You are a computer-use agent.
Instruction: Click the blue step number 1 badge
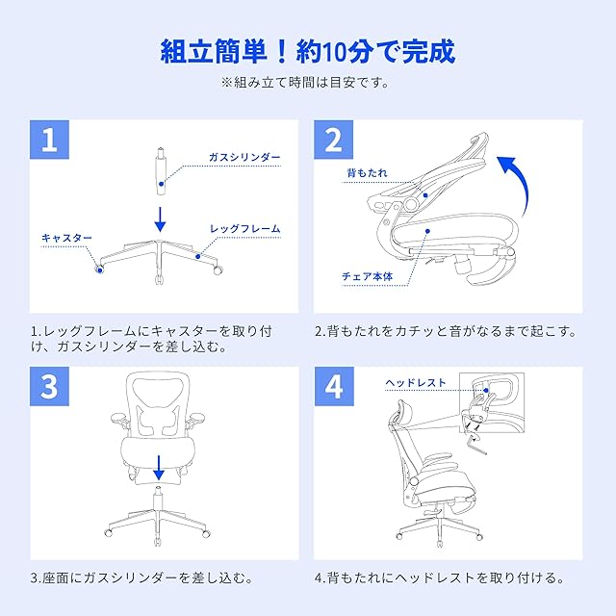[49, 140]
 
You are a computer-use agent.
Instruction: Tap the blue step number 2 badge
[334, 140]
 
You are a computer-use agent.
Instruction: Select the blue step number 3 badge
[49, 387]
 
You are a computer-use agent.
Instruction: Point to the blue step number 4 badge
[334, 387]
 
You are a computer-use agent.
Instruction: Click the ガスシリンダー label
[244, 158]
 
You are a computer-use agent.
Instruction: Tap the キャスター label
[66, 238]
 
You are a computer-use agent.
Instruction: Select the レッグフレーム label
[244, 229]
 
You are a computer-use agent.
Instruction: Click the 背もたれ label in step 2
[368, 173]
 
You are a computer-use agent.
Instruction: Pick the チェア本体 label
[368, 276]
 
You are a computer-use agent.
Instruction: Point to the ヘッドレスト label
[416, 383]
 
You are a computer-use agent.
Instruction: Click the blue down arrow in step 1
[160, 219]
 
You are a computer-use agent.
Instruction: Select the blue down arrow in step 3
[159, 468]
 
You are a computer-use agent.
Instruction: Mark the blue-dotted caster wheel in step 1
[99, 269]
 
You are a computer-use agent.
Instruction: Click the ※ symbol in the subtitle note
[227, 83]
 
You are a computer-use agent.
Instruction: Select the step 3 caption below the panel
[141, 577]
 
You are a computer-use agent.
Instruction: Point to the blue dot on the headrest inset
[486, 391]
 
